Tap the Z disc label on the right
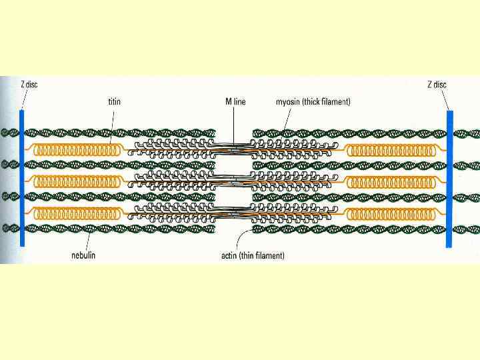point(437,84)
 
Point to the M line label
point(235,102)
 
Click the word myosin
point(289,102)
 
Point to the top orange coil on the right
point(393,149)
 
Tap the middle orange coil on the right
point(393,180)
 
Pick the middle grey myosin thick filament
point(233,179)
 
